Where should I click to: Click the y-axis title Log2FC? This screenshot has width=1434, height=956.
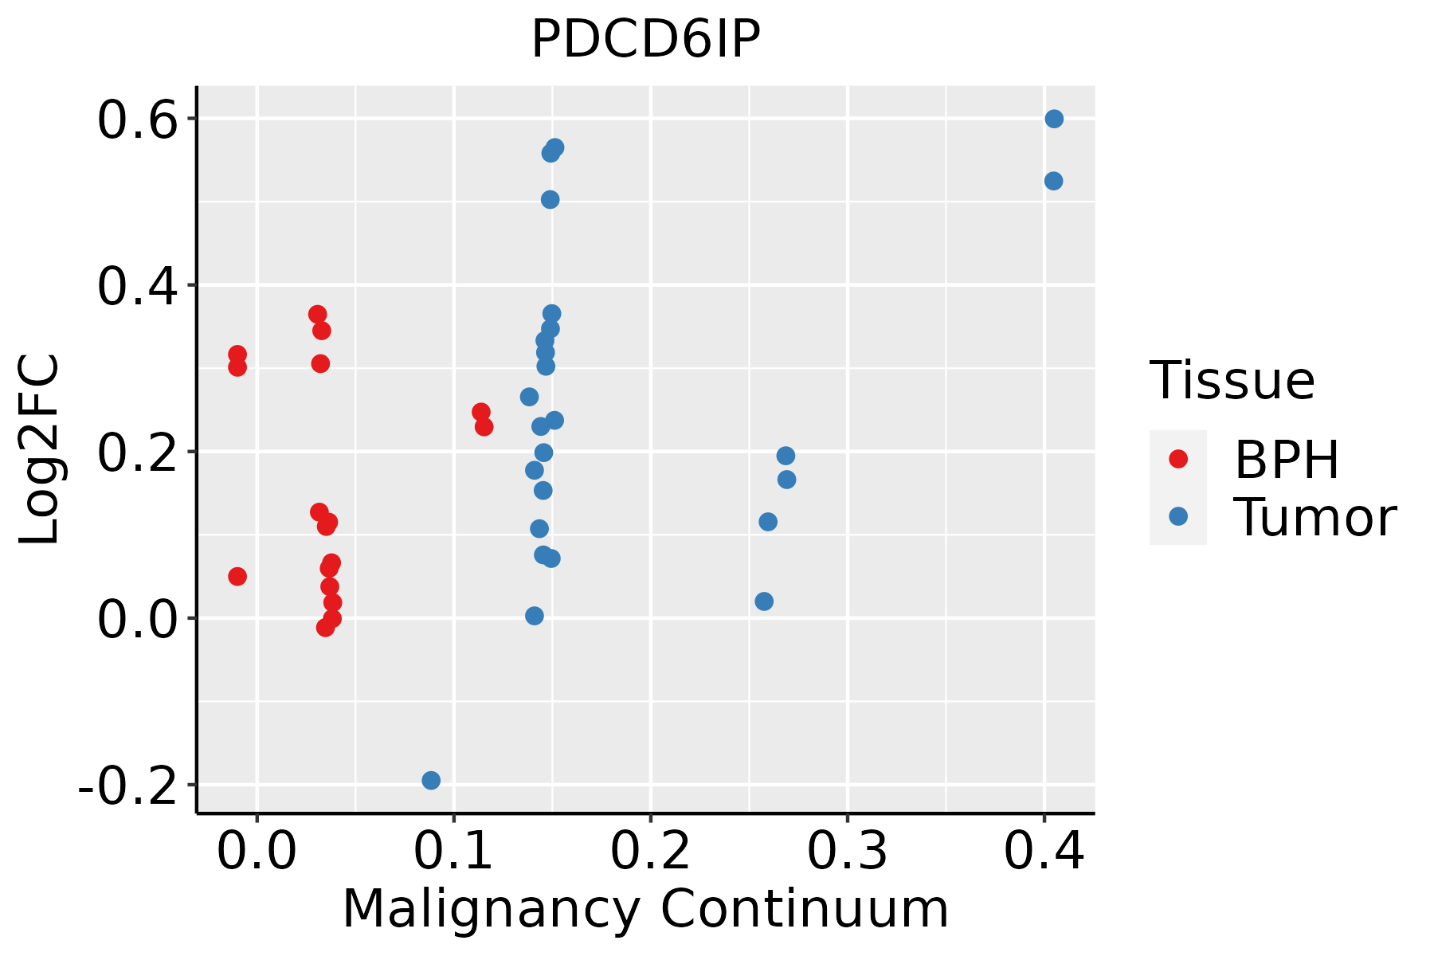tap(40, 450)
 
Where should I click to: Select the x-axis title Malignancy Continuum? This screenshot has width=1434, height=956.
tap(645, 909)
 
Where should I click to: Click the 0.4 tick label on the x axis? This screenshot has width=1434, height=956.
tap(1044, 852)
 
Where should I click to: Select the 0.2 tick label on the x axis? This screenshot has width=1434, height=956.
tap(650, 852)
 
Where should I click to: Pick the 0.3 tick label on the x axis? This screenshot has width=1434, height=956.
tap(847, 852)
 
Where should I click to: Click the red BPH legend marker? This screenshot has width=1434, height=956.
tap(1177, 459)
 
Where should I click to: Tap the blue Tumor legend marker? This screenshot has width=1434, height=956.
tap(1177, 516)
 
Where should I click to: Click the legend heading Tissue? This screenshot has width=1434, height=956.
tap(1232, 381)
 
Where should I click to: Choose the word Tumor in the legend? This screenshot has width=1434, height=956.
tap(1314, 518)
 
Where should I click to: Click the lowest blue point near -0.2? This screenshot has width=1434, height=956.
tap(431, 780)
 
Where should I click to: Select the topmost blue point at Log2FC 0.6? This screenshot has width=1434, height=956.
tap(1054, 119)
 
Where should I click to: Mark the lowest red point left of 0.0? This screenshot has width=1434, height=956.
tap(237, 576)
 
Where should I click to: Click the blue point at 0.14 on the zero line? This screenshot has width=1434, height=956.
tap(535, 616)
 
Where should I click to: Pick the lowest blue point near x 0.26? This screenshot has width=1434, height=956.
tap(764, 601)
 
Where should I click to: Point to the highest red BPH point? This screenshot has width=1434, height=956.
tap(318, 314)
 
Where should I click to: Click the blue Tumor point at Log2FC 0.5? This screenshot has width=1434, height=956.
tap(550, 199)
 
